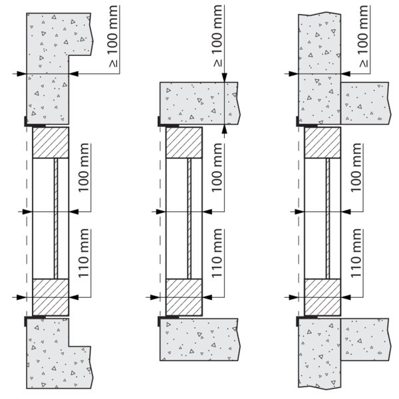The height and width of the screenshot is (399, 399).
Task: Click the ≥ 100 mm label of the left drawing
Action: [113, 37]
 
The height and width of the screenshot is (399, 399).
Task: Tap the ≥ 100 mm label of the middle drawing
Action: [217, 36]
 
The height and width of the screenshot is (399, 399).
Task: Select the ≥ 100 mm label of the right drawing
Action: [364, 37]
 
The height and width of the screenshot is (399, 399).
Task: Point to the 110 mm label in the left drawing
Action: [84, 253]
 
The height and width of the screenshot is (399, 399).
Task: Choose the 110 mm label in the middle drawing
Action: [217, 253]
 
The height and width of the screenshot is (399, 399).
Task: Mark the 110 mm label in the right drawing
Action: [356, 253]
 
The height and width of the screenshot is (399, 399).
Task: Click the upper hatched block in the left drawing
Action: [51, 142]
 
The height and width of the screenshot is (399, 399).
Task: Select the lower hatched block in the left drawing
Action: [51, 297]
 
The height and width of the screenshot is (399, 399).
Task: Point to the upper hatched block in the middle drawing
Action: [184, 142]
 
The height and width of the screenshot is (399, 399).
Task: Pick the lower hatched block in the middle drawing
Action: [184, 297]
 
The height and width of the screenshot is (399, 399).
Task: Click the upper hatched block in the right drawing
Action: [323, 142]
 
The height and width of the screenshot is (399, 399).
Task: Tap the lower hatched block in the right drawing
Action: [323, 297]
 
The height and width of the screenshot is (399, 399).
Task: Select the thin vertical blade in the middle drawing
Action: [190, 219]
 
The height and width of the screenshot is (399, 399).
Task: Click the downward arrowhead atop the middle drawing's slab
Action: [225, 77]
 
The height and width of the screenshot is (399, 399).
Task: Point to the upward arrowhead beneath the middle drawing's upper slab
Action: [225, 129]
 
